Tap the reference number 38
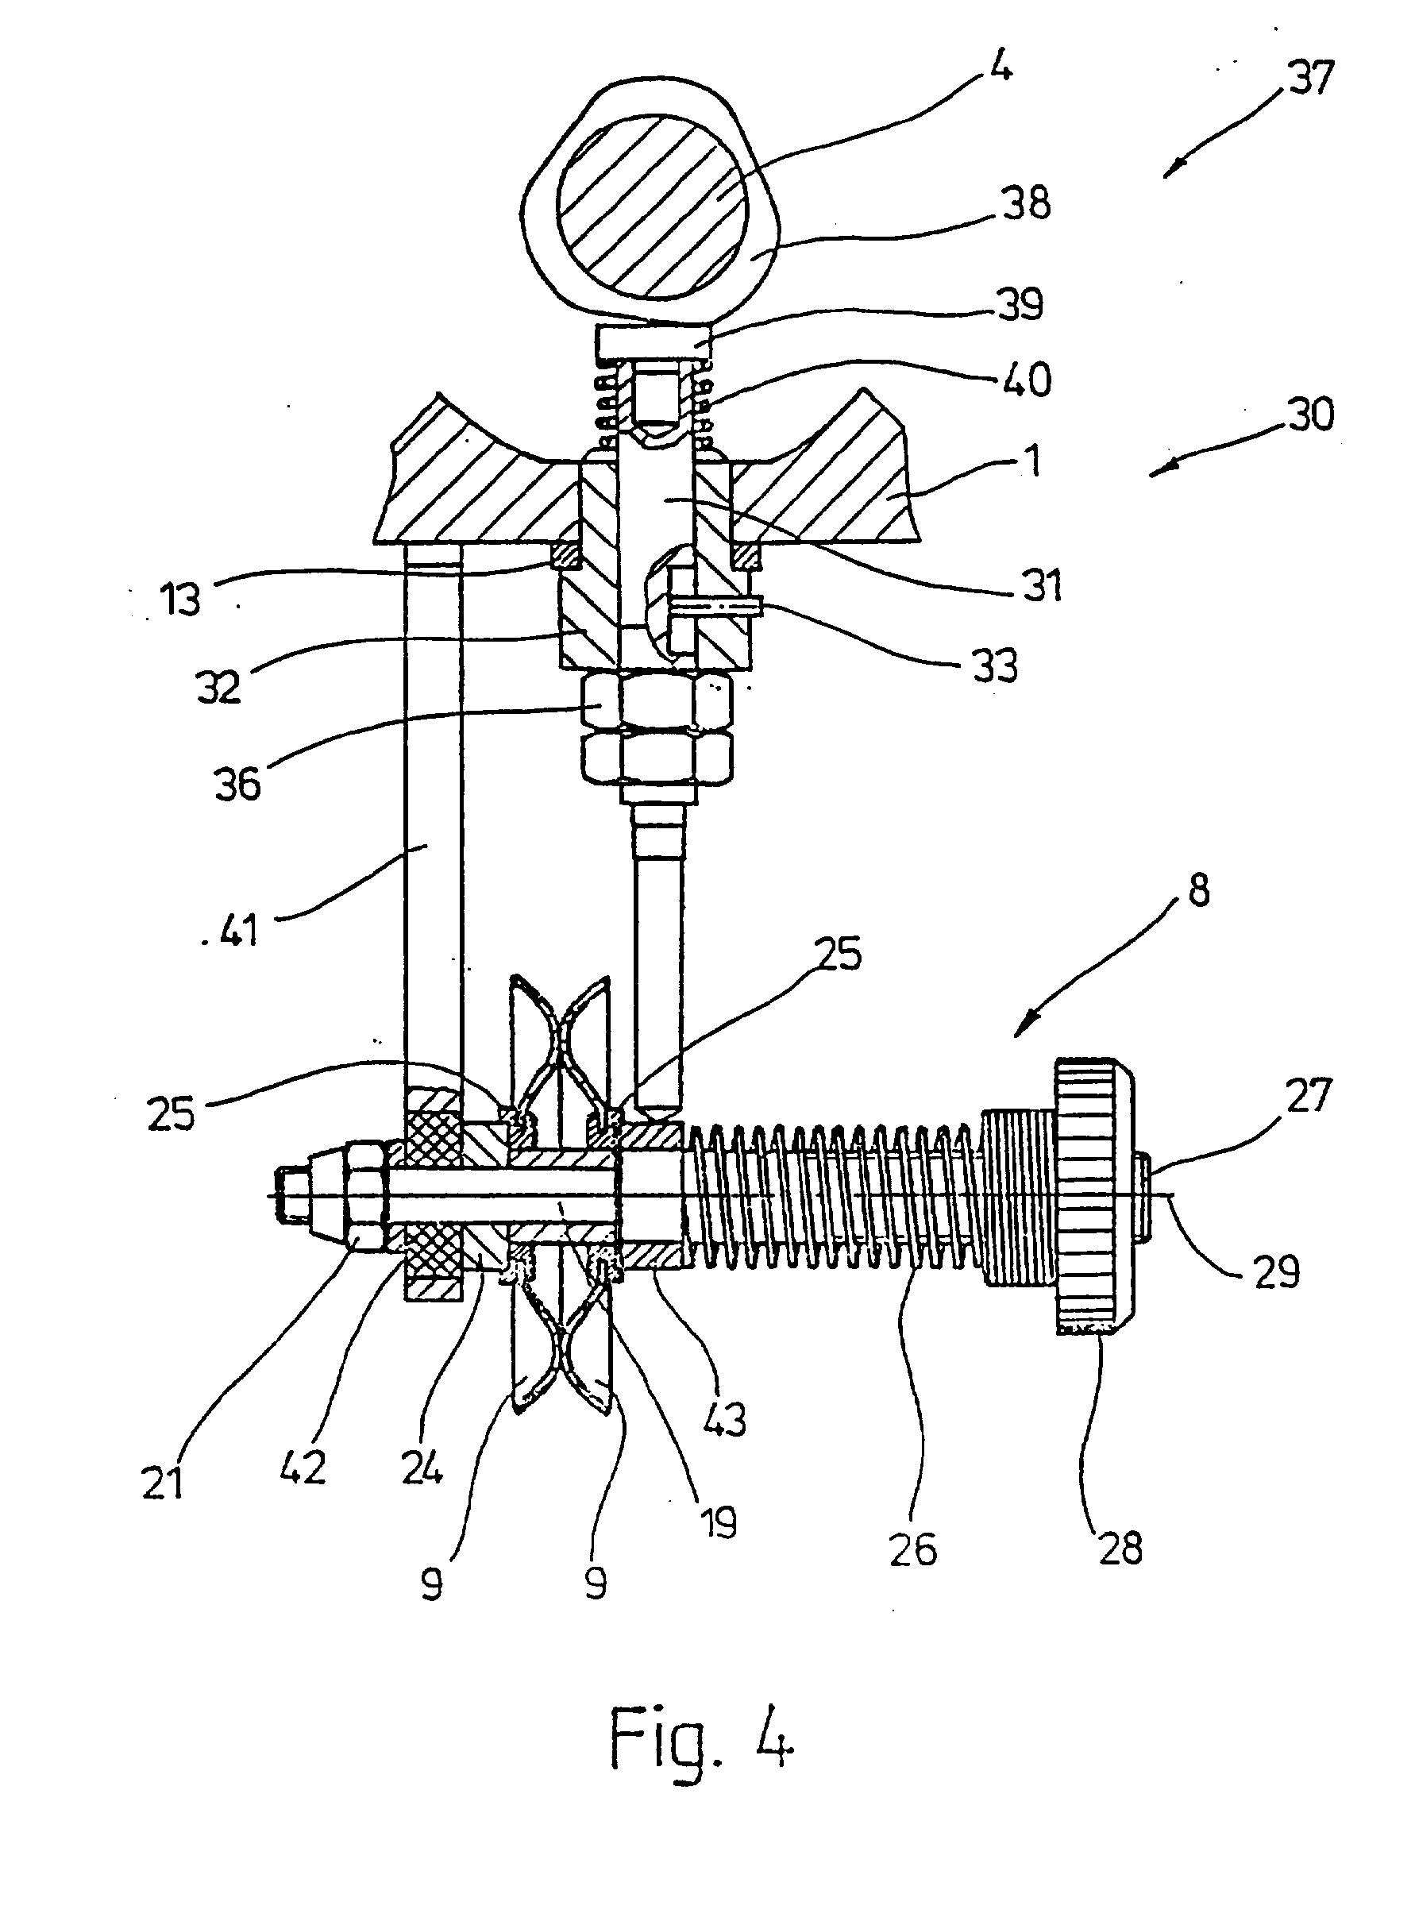[x=1026, y=203]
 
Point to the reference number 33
[x=994, y=665]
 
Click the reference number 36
[x=238, y=784]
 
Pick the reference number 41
[x=238, y=929]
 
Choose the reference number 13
[x=182, y=599]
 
